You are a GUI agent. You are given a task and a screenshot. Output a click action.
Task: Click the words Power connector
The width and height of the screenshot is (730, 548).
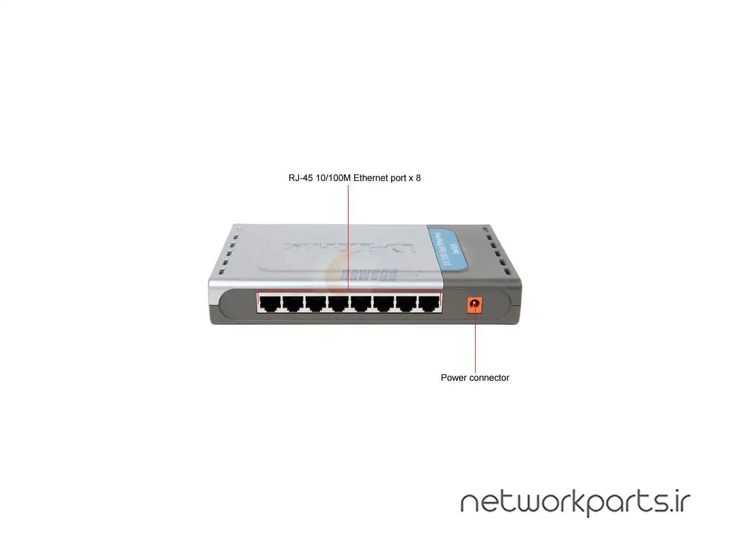[x=474, y=377]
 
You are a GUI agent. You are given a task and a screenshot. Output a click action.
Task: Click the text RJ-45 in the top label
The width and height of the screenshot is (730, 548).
[x=301, y=178]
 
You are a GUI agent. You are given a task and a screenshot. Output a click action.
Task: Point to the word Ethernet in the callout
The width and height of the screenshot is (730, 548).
[x=371, y=178]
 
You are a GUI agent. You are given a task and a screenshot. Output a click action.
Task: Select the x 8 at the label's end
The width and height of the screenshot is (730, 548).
[x=415, y=178]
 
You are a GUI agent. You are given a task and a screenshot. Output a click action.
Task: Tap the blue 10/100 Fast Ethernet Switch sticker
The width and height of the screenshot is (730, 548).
[x=448, y=249]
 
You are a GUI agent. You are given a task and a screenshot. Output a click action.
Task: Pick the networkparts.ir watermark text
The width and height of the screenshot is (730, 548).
[x=575, y=502]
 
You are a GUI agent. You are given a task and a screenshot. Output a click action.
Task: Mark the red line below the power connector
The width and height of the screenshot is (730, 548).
[x=475, y=342]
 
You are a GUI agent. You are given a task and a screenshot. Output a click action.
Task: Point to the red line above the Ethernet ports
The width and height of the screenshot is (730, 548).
[x=348, y=228]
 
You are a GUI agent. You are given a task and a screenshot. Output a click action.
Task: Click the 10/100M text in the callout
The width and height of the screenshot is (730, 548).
[x=333, y=178]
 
